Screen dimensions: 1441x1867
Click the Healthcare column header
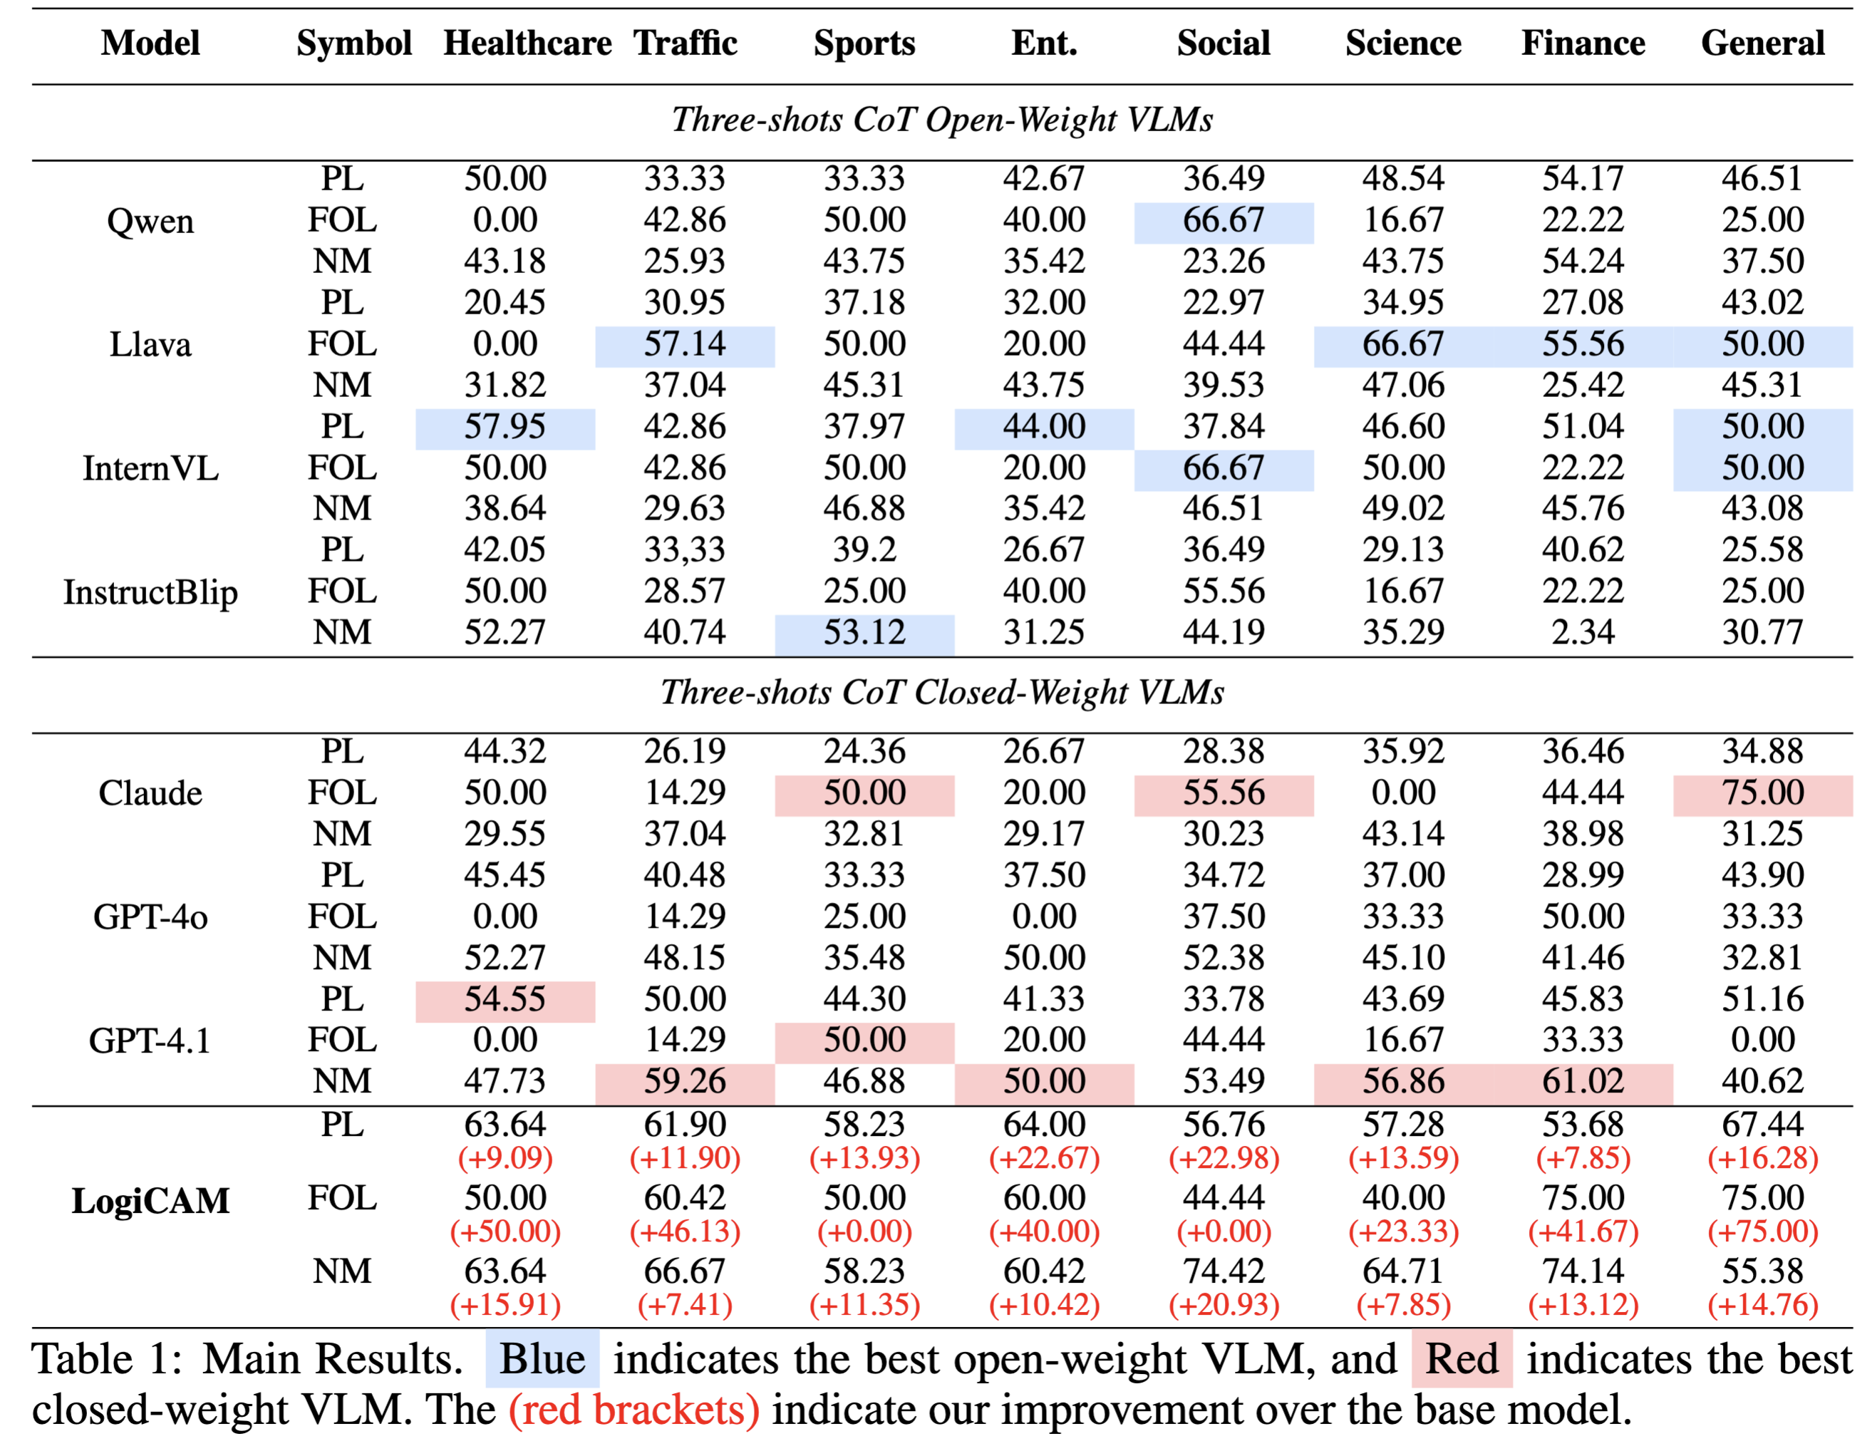coord(527,43)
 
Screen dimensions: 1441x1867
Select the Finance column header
coord(1583,43)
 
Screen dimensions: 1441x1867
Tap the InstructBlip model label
coord(150,592)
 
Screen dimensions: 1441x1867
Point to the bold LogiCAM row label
coord(150,1200)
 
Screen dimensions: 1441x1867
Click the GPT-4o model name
coord(150,916)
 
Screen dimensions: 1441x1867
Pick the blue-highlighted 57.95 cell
coord(505,426)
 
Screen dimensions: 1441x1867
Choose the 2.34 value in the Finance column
coord(1583,632)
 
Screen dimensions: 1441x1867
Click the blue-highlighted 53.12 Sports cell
coord(864,632)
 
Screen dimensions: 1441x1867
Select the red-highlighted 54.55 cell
coord(505,999)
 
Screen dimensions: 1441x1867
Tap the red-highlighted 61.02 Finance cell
coord(1583,1081)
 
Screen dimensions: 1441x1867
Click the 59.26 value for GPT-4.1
coord(684,1081)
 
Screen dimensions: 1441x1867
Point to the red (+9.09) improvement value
coord(505,1158)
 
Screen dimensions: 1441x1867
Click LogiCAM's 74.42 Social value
coord(1224,1271)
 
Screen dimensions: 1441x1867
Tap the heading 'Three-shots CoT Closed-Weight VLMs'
coord(941,692)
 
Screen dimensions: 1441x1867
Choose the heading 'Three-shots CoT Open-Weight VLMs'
coord(941,120)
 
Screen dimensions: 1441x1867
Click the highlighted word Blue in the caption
coord(542,1359)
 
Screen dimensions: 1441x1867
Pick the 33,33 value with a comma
coord(684,549)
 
